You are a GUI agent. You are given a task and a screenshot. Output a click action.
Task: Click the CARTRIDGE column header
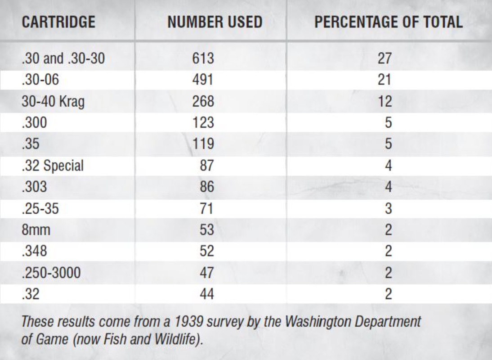[x=58, y=22]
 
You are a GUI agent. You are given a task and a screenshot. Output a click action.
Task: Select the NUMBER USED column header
[x=215, y=22]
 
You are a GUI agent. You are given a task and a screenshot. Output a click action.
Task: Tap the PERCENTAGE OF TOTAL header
[x=388, y=22]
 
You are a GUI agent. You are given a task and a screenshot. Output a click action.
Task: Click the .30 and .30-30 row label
[x=63, y=58]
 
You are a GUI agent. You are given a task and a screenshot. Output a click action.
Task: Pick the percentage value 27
[x=385, y=58]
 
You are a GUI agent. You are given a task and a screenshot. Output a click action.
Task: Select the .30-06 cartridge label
[x=40, y=80]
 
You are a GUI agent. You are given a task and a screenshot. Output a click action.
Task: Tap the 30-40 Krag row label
[x=53, y=101]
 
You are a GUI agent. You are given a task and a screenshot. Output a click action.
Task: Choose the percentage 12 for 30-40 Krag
[x=385, y=101]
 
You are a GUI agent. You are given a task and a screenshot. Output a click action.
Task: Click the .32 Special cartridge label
[x=52, y=166]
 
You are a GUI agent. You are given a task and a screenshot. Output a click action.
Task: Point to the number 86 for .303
[x=206, y=187]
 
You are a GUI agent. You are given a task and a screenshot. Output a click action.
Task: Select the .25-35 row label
[x=40, y=208]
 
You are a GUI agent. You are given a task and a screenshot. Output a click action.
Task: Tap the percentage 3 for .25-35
[x=388, y=208]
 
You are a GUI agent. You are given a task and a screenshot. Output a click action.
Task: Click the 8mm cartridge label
[x=36, y=230]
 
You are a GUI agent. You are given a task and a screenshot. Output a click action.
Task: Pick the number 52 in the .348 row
[x=206, y=251]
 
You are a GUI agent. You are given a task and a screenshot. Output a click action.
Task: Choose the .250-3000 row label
[x=51, y=273]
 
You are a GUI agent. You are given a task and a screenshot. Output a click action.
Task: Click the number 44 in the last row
[x=206, y=294]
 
